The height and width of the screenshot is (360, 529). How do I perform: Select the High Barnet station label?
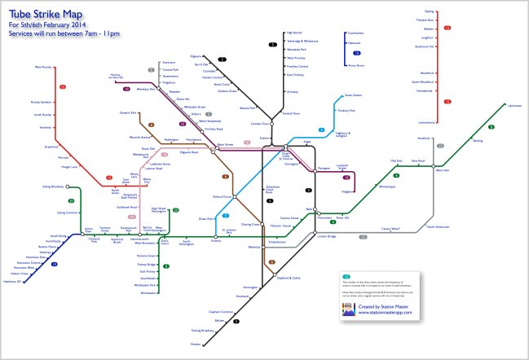[294, 33]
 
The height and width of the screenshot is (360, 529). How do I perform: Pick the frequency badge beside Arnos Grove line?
[356, 54]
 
